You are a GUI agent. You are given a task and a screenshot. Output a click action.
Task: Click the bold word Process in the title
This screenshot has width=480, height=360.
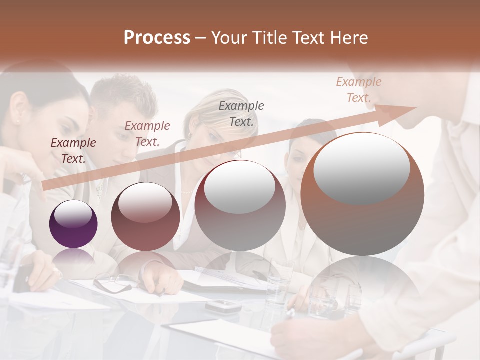click(157, 38)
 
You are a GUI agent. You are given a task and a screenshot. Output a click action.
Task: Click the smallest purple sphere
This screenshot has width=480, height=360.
click(73, 224)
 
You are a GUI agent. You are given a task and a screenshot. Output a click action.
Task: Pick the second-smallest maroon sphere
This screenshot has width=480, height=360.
click(145, 216)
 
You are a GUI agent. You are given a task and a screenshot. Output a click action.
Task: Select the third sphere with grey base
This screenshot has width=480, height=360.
click(240, 205)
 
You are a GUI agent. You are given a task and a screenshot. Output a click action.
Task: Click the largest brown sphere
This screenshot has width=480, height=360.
click(362, 194)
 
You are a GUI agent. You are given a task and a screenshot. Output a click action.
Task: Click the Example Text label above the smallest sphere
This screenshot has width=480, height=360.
click(73, 150)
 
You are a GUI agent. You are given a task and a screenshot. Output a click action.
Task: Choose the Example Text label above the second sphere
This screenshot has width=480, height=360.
click(147, 133)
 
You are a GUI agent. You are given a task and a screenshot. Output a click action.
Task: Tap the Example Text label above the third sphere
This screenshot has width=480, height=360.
click(241, 113)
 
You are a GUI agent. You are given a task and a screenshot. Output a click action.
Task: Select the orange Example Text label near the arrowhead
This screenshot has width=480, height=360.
click(359, 90)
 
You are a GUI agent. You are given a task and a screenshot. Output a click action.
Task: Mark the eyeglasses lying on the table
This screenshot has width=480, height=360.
click(113, 283)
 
